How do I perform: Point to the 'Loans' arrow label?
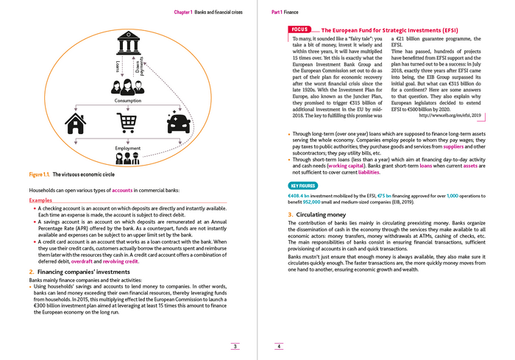118,71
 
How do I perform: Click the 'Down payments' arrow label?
140,68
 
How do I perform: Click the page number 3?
232,345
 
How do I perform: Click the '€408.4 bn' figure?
299,195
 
